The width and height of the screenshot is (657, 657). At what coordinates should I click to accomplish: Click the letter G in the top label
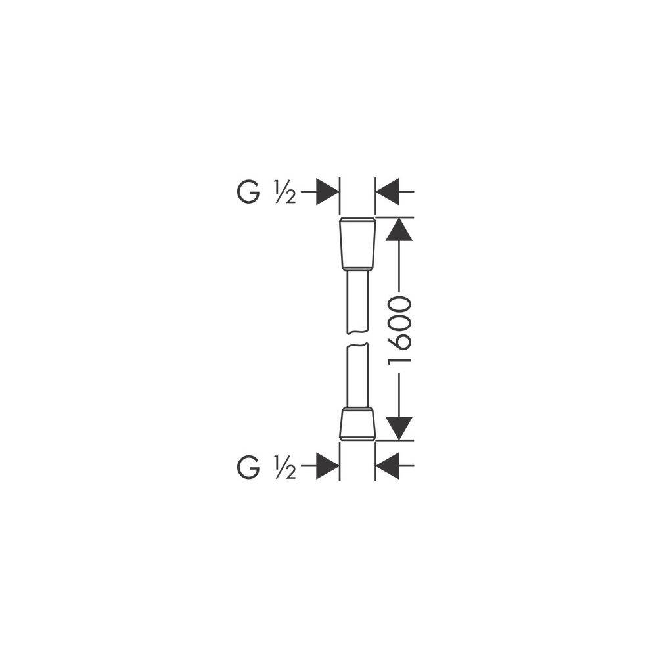[x=248, y=192]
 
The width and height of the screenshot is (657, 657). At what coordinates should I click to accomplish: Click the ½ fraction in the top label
[x=285, y=192]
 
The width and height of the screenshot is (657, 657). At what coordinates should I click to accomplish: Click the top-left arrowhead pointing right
[x=327, y=192]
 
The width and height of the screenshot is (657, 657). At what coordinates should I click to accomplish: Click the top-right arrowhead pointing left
[x=388, y=192]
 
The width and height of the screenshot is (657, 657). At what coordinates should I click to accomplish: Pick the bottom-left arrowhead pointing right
[x=327, y=466]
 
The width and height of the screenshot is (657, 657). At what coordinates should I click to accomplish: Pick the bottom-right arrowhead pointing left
[x=388, y=466]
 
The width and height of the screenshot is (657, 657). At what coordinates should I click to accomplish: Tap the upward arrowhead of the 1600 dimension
[x=399, y=229]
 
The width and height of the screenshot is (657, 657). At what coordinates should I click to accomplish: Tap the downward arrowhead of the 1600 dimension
[x=399, y=428]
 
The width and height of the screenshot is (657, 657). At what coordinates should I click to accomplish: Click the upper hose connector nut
[x=357, y=244]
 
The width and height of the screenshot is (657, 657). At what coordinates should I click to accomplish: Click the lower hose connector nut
[x=357, y=423]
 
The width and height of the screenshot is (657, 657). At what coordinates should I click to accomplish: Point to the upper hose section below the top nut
[x=357, y=302]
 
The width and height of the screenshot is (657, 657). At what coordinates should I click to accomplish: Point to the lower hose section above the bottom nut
[x=357, y=375]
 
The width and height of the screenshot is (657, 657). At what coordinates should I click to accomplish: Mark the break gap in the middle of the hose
[x=357, y=339]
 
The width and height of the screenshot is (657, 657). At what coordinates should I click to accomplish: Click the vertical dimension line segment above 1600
[x=399, y=266]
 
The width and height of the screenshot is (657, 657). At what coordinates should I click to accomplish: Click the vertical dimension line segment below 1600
[x=399, y=397]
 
